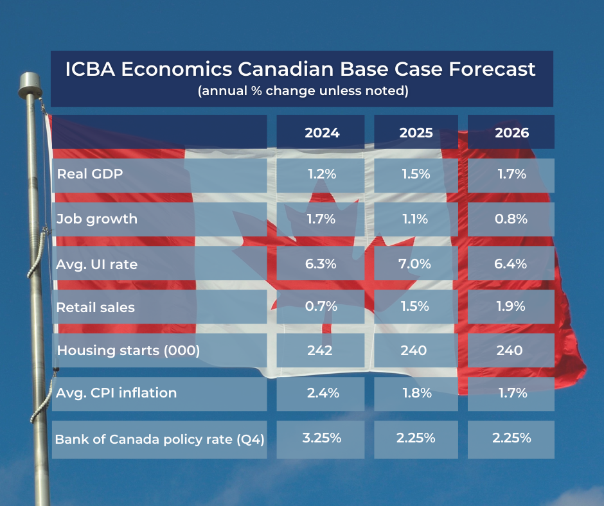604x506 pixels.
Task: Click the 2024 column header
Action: click(x=321, y=133)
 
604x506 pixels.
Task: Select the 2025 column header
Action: click(x=416, y=133)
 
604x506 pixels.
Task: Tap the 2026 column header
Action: click(x=511, y=133)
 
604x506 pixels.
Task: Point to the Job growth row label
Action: click(x=97, y=218)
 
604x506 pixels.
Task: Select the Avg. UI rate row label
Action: click(x=97, y=264)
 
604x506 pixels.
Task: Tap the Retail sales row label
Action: click(x=96, y=307)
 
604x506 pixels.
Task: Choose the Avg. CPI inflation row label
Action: click(x=116, y=392)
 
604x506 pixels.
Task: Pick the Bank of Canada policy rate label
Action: click(x=159, y=440)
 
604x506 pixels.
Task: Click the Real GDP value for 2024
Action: click(x=321, y=174)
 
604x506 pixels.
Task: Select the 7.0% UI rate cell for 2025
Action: click(x=416, y=264)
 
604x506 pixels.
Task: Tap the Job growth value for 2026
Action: click(x=511, y=218)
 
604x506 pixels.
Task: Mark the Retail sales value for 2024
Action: click(x=321, y=306)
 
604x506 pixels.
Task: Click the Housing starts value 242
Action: click(x=320, y=351)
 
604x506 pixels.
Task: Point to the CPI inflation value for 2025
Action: click(x=416, y=393)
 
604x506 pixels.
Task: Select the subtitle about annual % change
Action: click(x=302, y=91)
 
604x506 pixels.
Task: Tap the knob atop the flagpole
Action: click(x=29, y=82)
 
